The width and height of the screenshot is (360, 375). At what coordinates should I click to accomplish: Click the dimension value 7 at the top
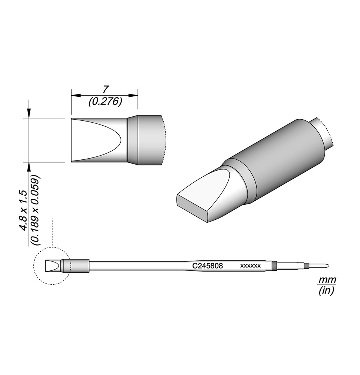point(105,90)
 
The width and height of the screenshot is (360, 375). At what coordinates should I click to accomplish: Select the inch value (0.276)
point(105,102)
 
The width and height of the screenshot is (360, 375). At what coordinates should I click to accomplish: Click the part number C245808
point(208,266)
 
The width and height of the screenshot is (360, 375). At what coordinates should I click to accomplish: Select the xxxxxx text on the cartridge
point(250,266)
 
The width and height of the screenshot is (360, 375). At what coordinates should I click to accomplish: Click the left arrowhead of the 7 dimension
point(76,95)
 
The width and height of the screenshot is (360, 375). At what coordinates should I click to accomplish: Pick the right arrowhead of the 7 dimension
point(133,95)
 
